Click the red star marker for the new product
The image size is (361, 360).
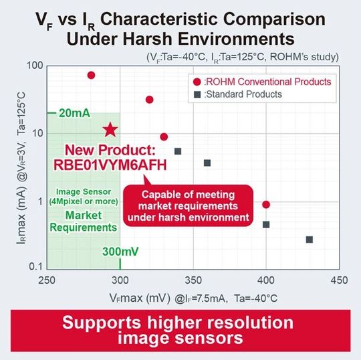click(110, 130)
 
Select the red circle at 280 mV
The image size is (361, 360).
click(91, 75)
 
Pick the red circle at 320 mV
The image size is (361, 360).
click(149, 100)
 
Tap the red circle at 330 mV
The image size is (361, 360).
click(164, 136)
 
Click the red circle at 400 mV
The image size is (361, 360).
click(266, 204)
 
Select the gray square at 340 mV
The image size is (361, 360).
click(178, 151)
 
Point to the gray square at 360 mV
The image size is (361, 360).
click(207, 163)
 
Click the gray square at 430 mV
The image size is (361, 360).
click(310, 240)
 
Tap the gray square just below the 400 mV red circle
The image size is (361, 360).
click(266, 224)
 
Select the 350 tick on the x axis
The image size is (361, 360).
click(193, 279)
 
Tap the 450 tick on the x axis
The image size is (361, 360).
click(339, 279)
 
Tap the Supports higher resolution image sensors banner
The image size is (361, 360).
click(180, 329)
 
